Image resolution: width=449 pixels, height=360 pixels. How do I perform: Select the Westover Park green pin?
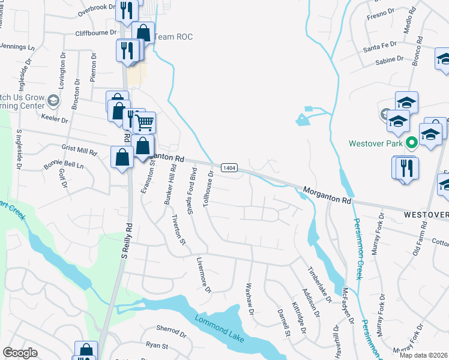pos(412,143)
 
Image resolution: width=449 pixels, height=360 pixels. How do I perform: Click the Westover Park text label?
pos(376,144)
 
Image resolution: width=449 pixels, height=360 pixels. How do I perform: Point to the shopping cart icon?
pos(144,122)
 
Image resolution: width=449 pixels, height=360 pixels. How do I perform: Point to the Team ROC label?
pos(173,37)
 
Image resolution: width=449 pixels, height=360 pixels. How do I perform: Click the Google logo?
pos(20,352)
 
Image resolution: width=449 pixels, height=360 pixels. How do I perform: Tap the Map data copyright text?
pos(423,355)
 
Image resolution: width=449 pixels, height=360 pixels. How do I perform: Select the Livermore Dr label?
pos(204,276)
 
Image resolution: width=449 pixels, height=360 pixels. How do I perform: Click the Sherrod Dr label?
pos(171,330)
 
